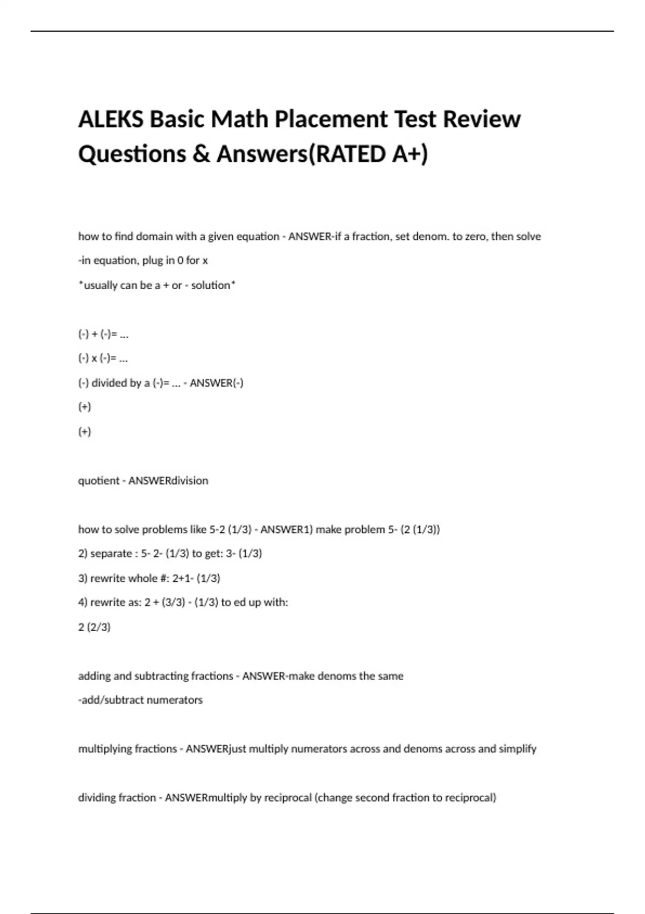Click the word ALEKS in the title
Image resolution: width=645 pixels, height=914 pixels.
click(111, 119)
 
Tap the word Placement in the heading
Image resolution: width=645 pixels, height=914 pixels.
click(333, 119)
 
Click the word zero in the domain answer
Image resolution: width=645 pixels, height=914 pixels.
click(474, 237)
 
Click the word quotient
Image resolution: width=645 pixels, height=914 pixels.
click(98, 481)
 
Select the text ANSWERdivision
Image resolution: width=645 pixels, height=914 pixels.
click(168, 481)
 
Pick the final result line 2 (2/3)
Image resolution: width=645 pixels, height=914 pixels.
click(95, 627)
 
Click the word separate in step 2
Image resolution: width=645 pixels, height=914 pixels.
click(111, 554)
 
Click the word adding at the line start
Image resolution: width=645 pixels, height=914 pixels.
click(94, 676)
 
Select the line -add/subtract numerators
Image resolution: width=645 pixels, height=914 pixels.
click(140, 700)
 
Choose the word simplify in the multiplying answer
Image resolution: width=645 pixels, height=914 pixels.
click(518, 749)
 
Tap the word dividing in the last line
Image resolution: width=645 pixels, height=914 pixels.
click(98, 798)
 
